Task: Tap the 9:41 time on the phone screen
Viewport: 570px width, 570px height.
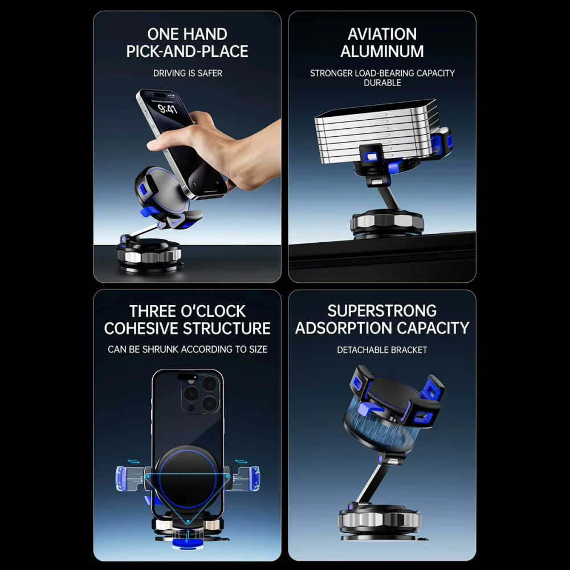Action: pyautogui.click(x=168, y=108)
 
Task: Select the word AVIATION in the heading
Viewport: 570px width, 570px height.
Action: pyautogui.click(x=382, y=34)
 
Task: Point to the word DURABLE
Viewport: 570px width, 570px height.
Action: pyautogui.click(x=382, y=83)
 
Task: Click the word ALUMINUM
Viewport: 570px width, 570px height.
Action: pyautogui.click(x=382, y=51)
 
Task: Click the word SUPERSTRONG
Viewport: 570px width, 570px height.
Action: pyautogui.click(x=382, y=311)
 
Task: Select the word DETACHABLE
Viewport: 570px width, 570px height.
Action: pyautogui.click(x=360, y=350)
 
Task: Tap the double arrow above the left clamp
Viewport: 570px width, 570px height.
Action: pyautogui.click(x=133, y=462)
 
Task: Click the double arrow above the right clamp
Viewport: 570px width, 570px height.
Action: pyautogui.click(x=241, y=462)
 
